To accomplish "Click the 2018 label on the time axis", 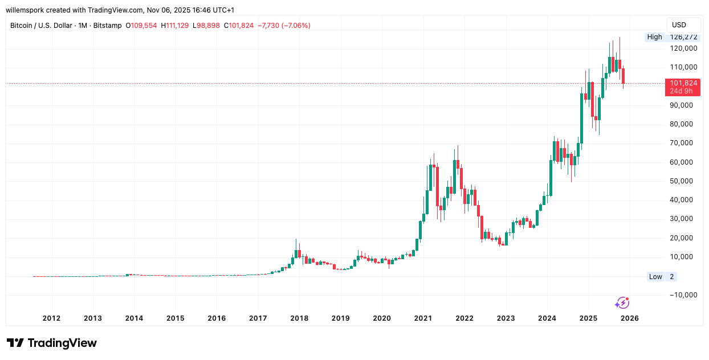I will (299, 318).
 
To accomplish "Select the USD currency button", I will (679, 25).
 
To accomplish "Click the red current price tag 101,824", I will (683, 83).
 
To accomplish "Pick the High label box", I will (654, 37).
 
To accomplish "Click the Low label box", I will (655, 277).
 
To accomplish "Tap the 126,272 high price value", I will (683, 37).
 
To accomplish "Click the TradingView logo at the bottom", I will (52, 343).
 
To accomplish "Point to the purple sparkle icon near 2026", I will (622, 303).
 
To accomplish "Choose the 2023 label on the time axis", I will (506, 318).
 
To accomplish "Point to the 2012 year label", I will (51, 318).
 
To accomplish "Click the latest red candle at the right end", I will (623, 76).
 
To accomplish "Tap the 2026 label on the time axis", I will (630, 318).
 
